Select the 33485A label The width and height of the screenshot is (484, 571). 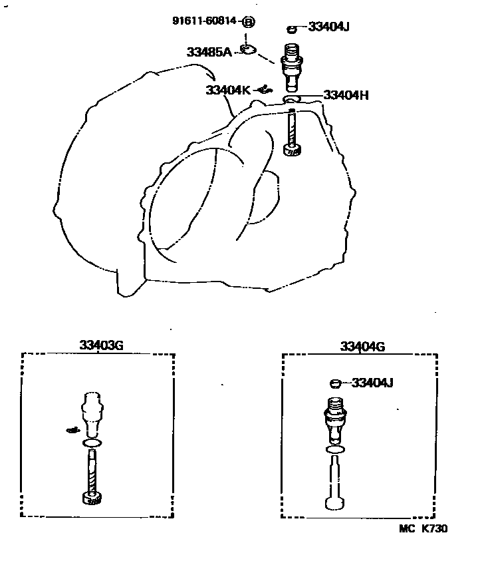(209, 51)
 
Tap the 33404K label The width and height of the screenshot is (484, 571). (227, 91)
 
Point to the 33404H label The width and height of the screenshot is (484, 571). (346, 95)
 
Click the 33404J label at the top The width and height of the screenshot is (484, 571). (329, 27)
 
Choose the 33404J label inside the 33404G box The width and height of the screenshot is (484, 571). (372, 383)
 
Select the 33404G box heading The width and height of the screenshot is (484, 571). (362, 346)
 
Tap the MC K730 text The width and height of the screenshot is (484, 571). (423, 529)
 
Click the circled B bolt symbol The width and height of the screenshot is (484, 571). (248, 21)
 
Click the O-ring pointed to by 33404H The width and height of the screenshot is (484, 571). (292, 100)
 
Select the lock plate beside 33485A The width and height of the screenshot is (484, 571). (248, 49)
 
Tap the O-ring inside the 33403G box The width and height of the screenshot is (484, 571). (93, 443)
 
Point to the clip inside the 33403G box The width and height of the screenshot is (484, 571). (74, 430)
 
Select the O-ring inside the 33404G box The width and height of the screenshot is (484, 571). (336, 450)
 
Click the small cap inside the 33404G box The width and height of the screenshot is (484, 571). (336, 383)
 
